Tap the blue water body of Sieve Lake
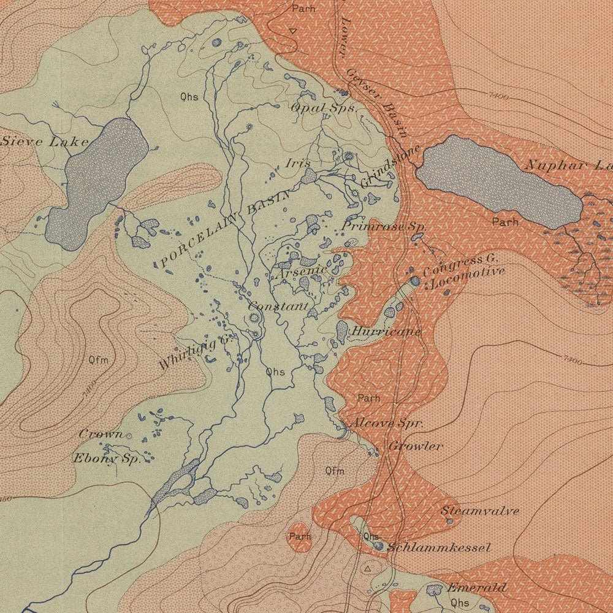[x=98, y=178]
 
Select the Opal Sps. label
[x=323, y=107]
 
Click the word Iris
[x=298, y=163]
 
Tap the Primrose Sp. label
[x=384, y=226]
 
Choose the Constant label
[x=278, y=305]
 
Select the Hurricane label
[x=386, y=332]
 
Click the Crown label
[x=101, y=433]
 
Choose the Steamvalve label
[x=480, y=510]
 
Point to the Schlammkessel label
[x=439, y=547]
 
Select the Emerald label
[x=477, y=587]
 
